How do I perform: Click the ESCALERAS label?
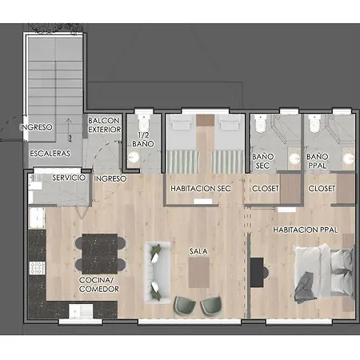coord(50,154)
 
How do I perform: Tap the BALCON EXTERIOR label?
coord(105,125)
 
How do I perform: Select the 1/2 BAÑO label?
coord(143,139)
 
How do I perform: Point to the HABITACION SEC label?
coord(201,189)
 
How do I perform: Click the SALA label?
coord(198,251)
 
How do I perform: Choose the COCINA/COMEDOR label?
coord(99,285)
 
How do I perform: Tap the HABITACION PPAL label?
coord(306,230)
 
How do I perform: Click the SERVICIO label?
coord(69,178)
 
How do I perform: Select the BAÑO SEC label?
coord(263,161)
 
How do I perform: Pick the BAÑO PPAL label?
coord(317,161)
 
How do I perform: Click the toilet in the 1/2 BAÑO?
coord(143,123)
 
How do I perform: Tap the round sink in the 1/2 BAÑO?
coord(133,157)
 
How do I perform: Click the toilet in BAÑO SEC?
coord(260,124)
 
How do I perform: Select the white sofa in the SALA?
coord(157,272)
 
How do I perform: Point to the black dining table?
coord(100,254)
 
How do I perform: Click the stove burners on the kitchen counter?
coord(38,268)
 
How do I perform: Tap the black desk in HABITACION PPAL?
coord(257,272)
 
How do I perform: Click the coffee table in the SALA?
coord(199,272)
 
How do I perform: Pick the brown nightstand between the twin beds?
coord(206,120)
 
